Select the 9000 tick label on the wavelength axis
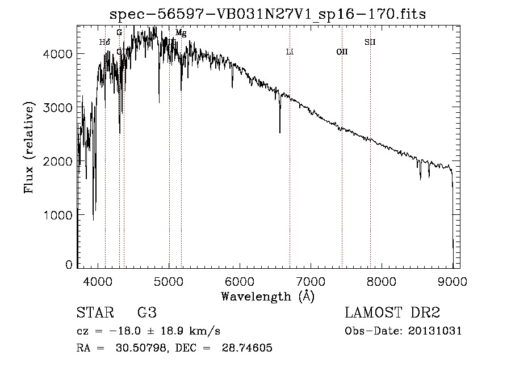pyautogui.click(x=453, y=281)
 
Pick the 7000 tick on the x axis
pyautogui.click(x=311, y=281)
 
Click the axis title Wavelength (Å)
pyautogui.click(x=267, y=296)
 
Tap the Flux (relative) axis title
pyautogui.click(x=28, y=147)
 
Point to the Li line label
pyautogui.click(x=290, y=52)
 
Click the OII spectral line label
pyautogui.click(x=342, y=52)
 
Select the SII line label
pyautogui.click(x=370, y=42)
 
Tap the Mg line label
pyautogui.click(x=181, y=33)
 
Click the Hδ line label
pyautogui.click(x=104, y=42)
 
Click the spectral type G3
pyautogui.click(x=147, y=313)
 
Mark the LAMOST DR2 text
pyautogui.click(x=392, y=313)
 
